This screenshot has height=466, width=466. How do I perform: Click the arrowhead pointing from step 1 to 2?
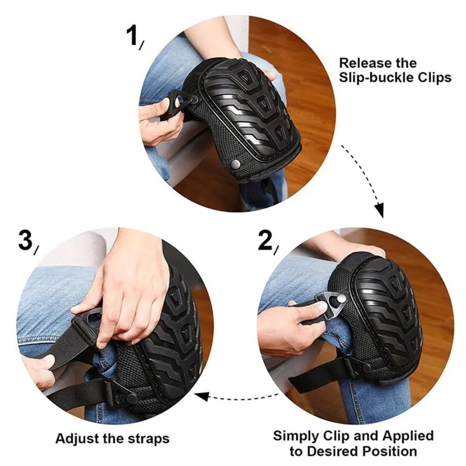click(380, 211)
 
